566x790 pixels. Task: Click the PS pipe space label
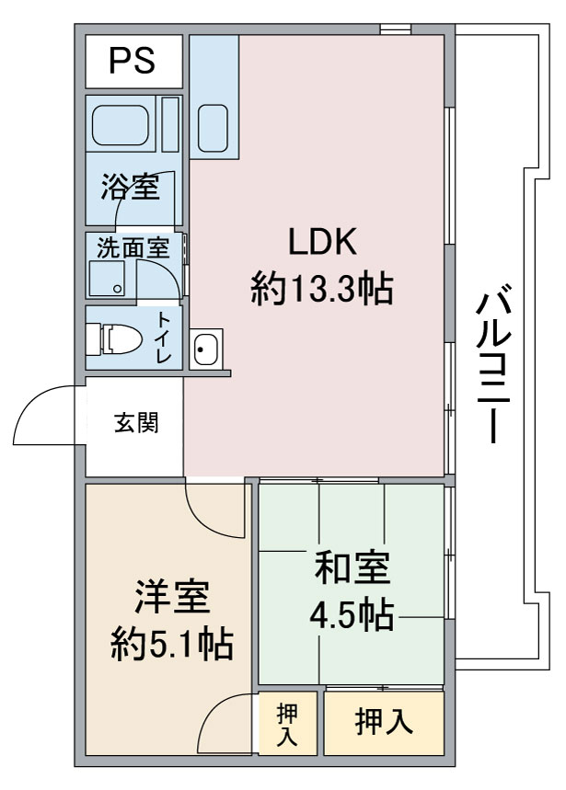coord(133,61)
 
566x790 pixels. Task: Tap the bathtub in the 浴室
coord(121,125)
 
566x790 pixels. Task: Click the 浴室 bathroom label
coord(131,186)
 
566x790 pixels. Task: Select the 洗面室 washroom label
coord(133,248)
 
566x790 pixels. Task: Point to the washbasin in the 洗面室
coord(107,279)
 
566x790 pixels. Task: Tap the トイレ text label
coord(164,337)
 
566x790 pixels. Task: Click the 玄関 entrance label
coord(136,422)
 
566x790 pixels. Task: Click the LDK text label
coord(322,242)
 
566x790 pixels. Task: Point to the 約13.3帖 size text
coord(322,288)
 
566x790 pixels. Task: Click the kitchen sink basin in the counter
coord(213,129)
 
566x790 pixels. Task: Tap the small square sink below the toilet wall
coord(206,349)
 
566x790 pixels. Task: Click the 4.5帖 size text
coord(352,615)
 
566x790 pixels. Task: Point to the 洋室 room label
coord(172,597)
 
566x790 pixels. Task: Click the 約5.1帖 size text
coord(172,644)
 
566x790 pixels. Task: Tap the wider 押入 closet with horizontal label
coord(384,722)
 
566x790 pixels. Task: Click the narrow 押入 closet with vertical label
coord(288,724)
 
